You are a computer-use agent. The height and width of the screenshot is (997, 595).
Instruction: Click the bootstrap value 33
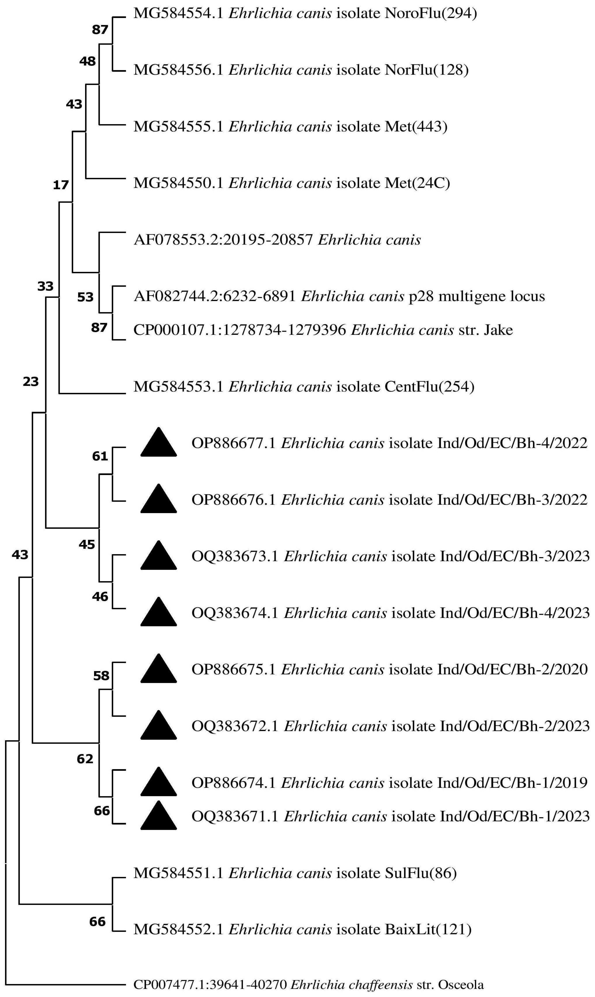[x=45, y=286]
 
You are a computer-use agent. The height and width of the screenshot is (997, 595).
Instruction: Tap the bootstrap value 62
[x=85, y=758]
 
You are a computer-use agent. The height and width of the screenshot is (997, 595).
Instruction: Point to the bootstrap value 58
[x=101, y=676]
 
